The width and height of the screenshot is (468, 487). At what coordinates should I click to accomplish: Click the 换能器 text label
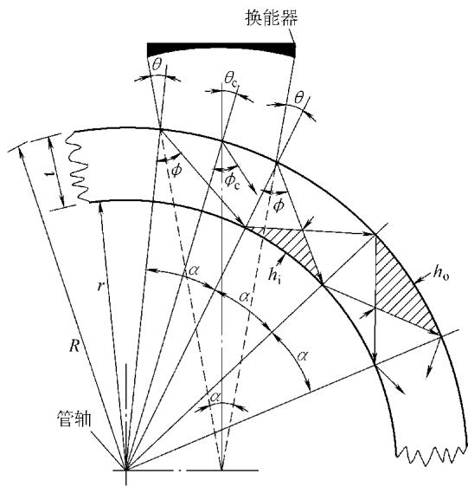tap(272, 17)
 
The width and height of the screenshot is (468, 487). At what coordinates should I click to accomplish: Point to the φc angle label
tap(233, 180)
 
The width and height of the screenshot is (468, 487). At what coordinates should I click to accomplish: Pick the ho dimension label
tap(441, 272)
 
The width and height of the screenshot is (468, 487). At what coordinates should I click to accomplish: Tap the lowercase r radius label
tap(99, 286)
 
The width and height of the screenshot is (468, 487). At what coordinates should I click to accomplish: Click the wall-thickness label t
tap(48, 174)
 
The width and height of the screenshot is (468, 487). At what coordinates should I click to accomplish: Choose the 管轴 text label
tap(74, 419)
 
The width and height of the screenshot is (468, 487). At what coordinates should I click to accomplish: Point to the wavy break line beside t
tap(78, 166)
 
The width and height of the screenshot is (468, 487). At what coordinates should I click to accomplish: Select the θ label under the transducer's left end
tap(157, 65)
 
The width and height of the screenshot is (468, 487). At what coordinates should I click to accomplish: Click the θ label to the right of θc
tap(299, 98)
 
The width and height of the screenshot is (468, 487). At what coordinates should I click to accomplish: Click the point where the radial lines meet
tap(126, 470)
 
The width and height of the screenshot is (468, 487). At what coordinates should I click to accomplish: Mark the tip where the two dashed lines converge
tap(221, 470)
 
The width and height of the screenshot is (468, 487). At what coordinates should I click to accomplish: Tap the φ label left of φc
tap(176, 170)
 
